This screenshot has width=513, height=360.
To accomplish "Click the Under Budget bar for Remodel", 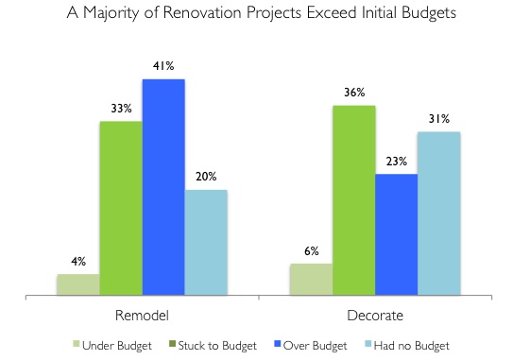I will pyautogui.click(x=77, y=285).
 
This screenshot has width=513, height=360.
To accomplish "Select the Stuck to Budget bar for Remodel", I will pyautogui.click(x=121, y=209).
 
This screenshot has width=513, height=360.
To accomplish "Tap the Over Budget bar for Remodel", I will pyautogui.click(x=163, y=188).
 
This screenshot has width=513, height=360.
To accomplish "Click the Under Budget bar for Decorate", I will pyautogui.click(x=311, y=281).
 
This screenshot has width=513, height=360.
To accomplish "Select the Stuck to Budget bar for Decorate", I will pyautogui.click(x=353, y=201).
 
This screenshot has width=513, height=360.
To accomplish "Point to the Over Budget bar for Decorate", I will pyautogui.click(x=397, y=235).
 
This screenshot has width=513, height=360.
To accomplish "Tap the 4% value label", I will pyautogui.click(x=77, y=262).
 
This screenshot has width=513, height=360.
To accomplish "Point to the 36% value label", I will pyautogui.click(x=353, y=94).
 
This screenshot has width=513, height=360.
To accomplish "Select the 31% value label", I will pyautogui.click(x=439, y=119).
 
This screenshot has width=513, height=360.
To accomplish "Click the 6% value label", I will pyautogui.click(x=311, y=251).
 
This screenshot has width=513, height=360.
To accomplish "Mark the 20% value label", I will pyautogui.click(x=206, y=177).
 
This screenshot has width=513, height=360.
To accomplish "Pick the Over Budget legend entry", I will pyautogui.click(x=309, y=345).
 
